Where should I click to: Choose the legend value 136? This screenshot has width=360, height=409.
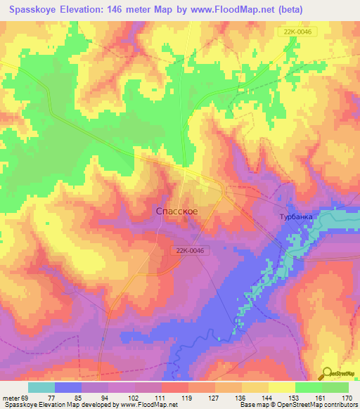(x=241, y=397)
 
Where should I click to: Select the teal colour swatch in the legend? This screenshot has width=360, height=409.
(x=41, y=387)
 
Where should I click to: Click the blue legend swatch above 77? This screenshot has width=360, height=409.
(x=68, y=387)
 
